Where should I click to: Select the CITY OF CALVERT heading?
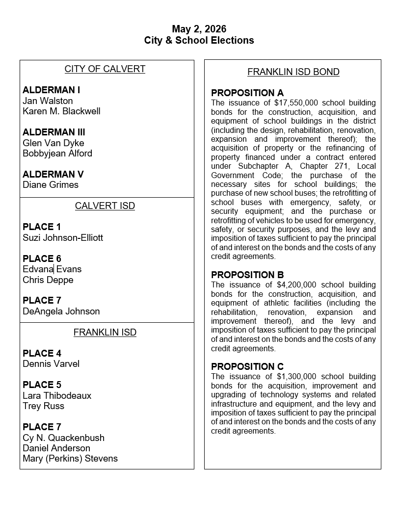click(105, 69)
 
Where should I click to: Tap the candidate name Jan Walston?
click(48, 101)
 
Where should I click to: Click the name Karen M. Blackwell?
click(61, 111)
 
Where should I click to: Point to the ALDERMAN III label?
click(53, 132)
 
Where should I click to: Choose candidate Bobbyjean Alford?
click(57, 154)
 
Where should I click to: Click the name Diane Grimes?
click(51, 185)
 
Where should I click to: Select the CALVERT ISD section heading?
click(105, 206)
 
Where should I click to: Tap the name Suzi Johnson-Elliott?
click(63, 238)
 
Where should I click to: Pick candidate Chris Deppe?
click(48, 280)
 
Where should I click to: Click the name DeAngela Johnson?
click(61, 311)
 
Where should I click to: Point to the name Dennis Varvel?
click(51, 364)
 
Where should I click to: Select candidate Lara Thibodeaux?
click(57, 396)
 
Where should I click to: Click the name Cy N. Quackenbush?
click(63, 438)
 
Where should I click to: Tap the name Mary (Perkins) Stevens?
click(70, 459)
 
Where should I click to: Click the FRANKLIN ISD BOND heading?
click(293, 72)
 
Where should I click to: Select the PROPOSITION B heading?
click(247, 275)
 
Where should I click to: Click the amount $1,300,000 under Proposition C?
click(298, 377)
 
